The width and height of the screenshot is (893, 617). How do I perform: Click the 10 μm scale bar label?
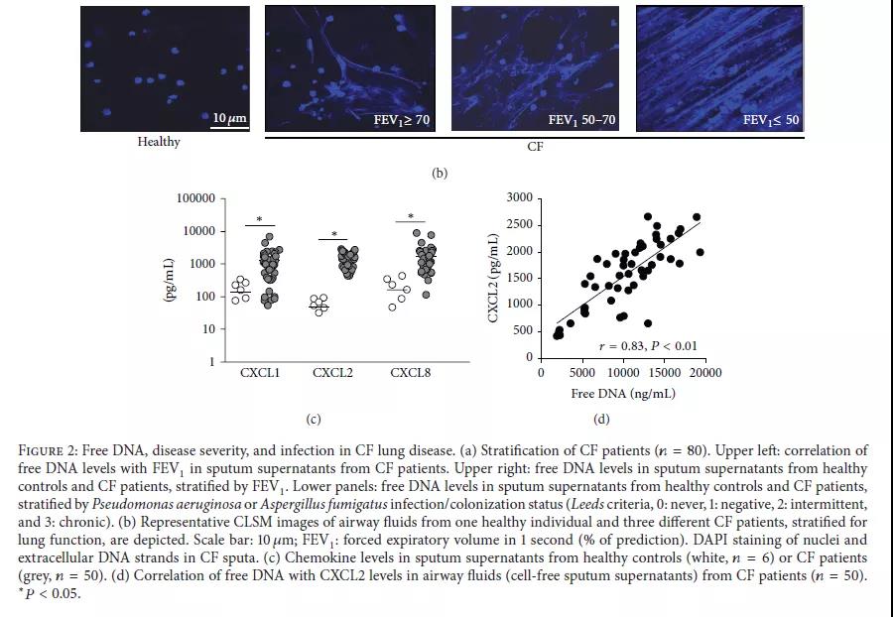coord(229,119)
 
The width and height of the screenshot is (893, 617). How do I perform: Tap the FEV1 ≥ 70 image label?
coord(401,120)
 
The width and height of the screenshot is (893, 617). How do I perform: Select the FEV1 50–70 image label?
coord(581,120)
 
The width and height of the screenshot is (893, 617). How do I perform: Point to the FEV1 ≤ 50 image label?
coord(771,120)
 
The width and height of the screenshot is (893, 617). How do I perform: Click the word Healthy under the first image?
coord(159,142)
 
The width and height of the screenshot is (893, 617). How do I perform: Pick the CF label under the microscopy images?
coord(536,147)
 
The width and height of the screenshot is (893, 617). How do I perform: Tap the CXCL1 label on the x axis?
coord(259,374)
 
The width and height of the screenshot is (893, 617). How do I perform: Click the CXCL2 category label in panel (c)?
coord(333,374)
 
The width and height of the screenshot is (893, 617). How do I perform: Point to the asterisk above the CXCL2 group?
coord(334,234)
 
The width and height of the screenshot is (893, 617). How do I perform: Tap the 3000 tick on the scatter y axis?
coord(519,197)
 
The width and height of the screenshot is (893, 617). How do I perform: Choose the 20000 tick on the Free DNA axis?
coord(705,373)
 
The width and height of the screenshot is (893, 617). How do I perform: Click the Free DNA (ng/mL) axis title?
coord(622,394)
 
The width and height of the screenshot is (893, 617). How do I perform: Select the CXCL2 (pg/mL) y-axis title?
coord(493,279)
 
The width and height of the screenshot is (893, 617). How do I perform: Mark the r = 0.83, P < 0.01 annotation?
coord(648,346)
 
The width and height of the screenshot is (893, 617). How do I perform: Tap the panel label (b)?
coord(440,173)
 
